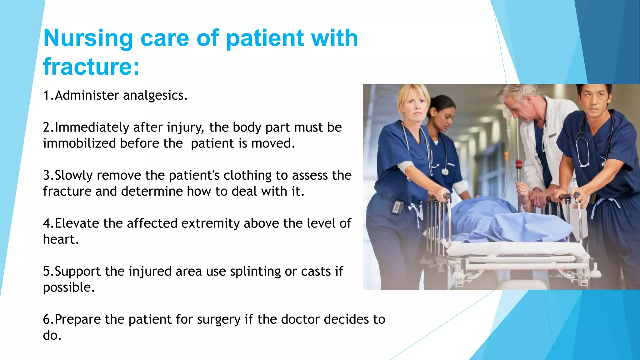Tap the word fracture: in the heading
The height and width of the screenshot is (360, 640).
click(91, 67)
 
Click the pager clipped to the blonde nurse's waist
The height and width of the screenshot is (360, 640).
click(398, 207)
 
